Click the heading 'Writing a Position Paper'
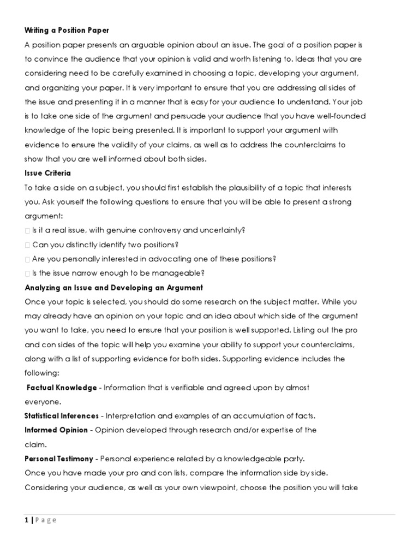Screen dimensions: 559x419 coord(67,30)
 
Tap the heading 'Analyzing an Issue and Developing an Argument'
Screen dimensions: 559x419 coord(113,287)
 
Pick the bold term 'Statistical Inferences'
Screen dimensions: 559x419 coord(62,415)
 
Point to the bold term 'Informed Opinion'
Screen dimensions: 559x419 coord(56,430)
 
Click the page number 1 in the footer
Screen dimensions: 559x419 coord(27,520)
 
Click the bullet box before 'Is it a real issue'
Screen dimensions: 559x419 coord(27,230)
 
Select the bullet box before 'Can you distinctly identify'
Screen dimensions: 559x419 coord(27,245)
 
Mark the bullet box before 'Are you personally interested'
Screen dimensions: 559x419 coord(27,259)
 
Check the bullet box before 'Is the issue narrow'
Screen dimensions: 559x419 coord(27,273)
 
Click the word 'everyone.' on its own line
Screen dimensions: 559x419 coord(43,401)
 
